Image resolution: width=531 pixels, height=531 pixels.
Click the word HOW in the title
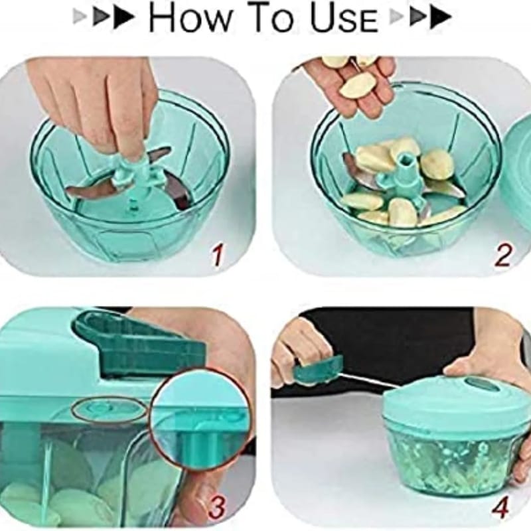[189, 17]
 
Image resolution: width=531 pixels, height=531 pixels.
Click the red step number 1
[218, 256]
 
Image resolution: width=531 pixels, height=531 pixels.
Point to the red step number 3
[217, 507]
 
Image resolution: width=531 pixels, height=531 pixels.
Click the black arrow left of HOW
[123, 18]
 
